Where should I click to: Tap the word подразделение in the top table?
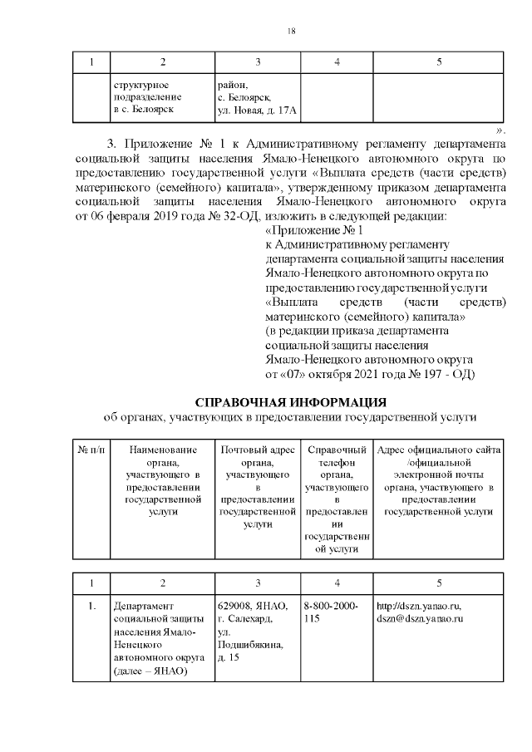pos(143,97)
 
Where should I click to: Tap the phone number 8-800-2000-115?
pos(332,612)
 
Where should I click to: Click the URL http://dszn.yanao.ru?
pos(419,606)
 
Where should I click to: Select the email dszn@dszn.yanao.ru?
pos(419,619)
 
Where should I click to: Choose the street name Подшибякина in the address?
pos(249,645)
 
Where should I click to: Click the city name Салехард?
pos(247,619)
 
